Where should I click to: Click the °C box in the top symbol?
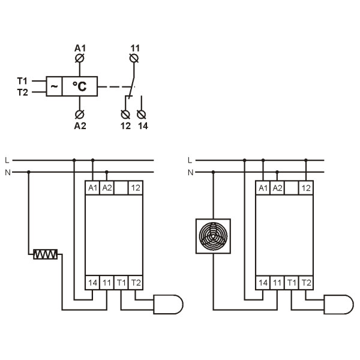tap(80, 87)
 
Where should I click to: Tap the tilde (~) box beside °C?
tap(54, 87)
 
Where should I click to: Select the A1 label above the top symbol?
tap(80, 47)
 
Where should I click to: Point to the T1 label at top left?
tap(22, 80)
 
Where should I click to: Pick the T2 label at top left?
tap(22, 92)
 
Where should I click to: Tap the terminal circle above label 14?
tap(142, 113)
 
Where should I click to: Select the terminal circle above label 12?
tap(125, 113)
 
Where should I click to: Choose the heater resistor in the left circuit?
tap(46, 255)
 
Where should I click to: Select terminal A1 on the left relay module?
tap(92, 188)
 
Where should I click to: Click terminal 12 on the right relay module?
tap(306, 188)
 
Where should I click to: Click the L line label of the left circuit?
tap(7, 160)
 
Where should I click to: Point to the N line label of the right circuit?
tap(190, 172)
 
